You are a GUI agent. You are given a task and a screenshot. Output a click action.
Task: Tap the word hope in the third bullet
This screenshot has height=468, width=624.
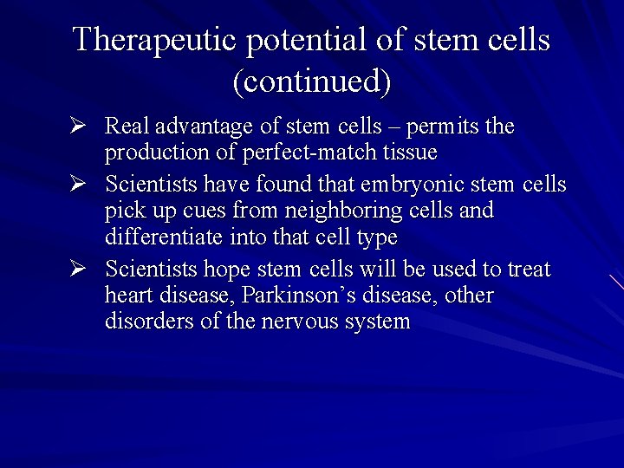click(x=228, y=270)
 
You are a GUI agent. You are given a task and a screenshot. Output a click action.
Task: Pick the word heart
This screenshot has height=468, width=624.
click(x=129, y=296)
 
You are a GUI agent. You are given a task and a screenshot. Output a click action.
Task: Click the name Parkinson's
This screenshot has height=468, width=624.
click(x=295, y=296)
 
